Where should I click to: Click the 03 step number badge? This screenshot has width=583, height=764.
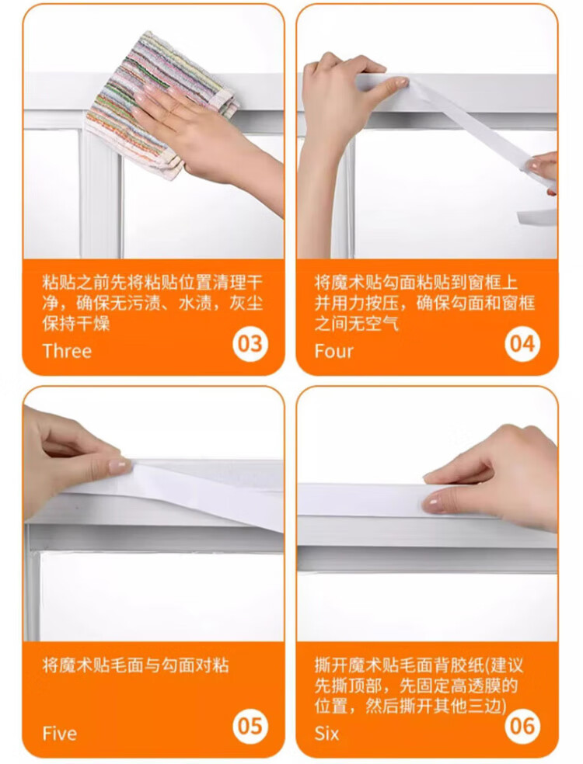(x=250, y=343)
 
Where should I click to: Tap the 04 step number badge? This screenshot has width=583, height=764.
(x=522, y=343)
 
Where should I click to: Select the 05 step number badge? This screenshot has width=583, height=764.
(x=250, y=726)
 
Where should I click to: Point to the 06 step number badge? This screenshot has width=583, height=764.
(x=522, y=726)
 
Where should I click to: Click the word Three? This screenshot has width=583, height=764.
(x=67, y=351)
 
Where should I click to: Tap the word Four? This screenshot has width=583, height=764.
(x=333, y=351)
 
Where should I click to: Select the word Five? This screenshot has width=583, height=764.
(x=60, y=733)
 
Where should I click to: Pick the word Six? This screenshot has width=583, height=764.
(x=326, y=733)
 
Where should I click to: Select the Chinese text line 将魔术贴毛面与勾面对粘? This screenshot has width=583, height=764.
(x=135, y=665)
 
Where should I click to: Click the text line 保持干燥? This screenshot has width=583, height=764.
(x=76, y=323)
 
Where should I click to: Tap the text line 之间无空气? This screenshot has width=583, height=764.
(x=357, y=323)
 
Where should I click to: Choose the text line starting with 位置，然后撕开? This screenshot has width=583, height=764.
(x=410, y=706)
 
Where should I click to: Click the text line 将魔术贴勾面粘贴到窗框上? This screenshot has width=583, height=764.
(x=416, y=283)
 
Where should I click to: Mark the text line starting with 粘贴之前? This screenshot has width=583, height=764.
(x=152, y=283)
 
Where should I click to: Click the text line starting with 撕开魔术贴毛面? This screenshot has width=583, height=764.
(x=419, y=665)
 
